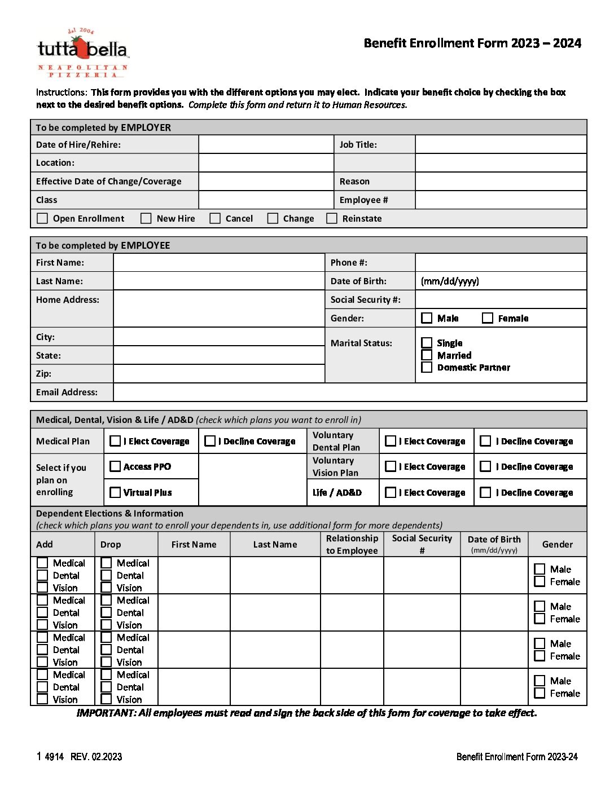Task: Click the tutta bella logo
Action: tap(83, 52)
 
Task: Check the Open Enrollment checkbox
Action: tap(42, 218)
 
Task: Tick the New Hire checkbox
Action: tap(146, 218)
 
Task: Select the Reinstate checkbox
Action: tap(332, 218)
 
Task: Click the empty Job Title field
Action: tap(501, 144)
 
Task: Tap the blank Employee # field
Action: tap(501, 200)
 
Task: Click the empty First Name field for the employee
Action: tap(218, 262)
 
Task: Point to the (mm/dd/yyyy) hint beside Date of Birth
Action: tap(450, 281)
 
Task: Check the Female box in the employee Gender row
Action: tap(488, 318)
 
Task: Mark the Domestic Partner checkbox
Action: tap(427, 367)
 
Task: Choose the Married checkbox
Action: tap(427, 355)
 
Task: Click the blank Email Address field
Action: tap(349, 392)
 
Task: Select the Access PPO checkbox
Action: tap(115, 466)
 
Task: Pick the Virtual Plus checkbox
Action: tap(115, 492)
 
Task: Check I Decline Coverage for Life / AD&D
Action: tap(485, 492)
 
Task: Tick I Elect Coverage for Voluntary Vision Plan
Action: tap(391, 466)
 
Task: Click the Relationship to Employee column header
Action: tap(352, 544)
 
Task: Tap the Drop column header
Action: tap(111, 544)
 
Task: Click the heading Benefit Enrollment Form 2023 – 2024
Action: tap(472, 43)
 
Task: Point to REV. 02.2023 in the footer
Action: tap(96, 757)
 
